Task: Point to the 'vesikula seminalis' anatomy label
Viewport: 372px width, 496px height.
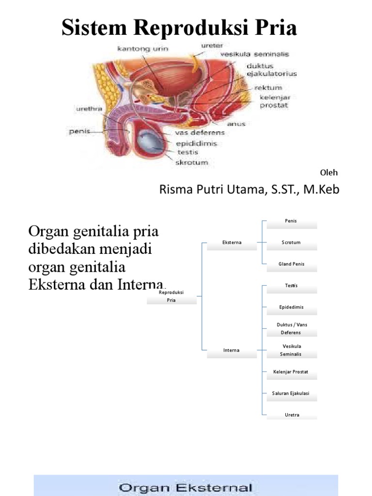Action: tap(254, 54)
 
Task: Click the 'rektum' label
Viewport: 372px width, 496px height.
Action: tap(268, 88)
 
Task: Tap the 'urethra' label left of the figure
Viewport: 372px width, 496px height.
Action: tap(89, 109)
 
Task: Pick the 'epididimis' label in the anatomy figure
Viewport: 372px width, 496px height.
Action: tap(197, 144)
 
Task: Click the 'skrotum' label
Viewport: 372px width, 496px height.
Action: tap(191, 162)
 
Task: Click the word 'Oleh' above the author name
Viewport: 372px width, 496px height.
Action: tap(329, 173)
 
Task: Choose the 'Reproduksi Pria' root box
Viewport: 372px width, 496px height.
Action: tap(171, 297)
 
